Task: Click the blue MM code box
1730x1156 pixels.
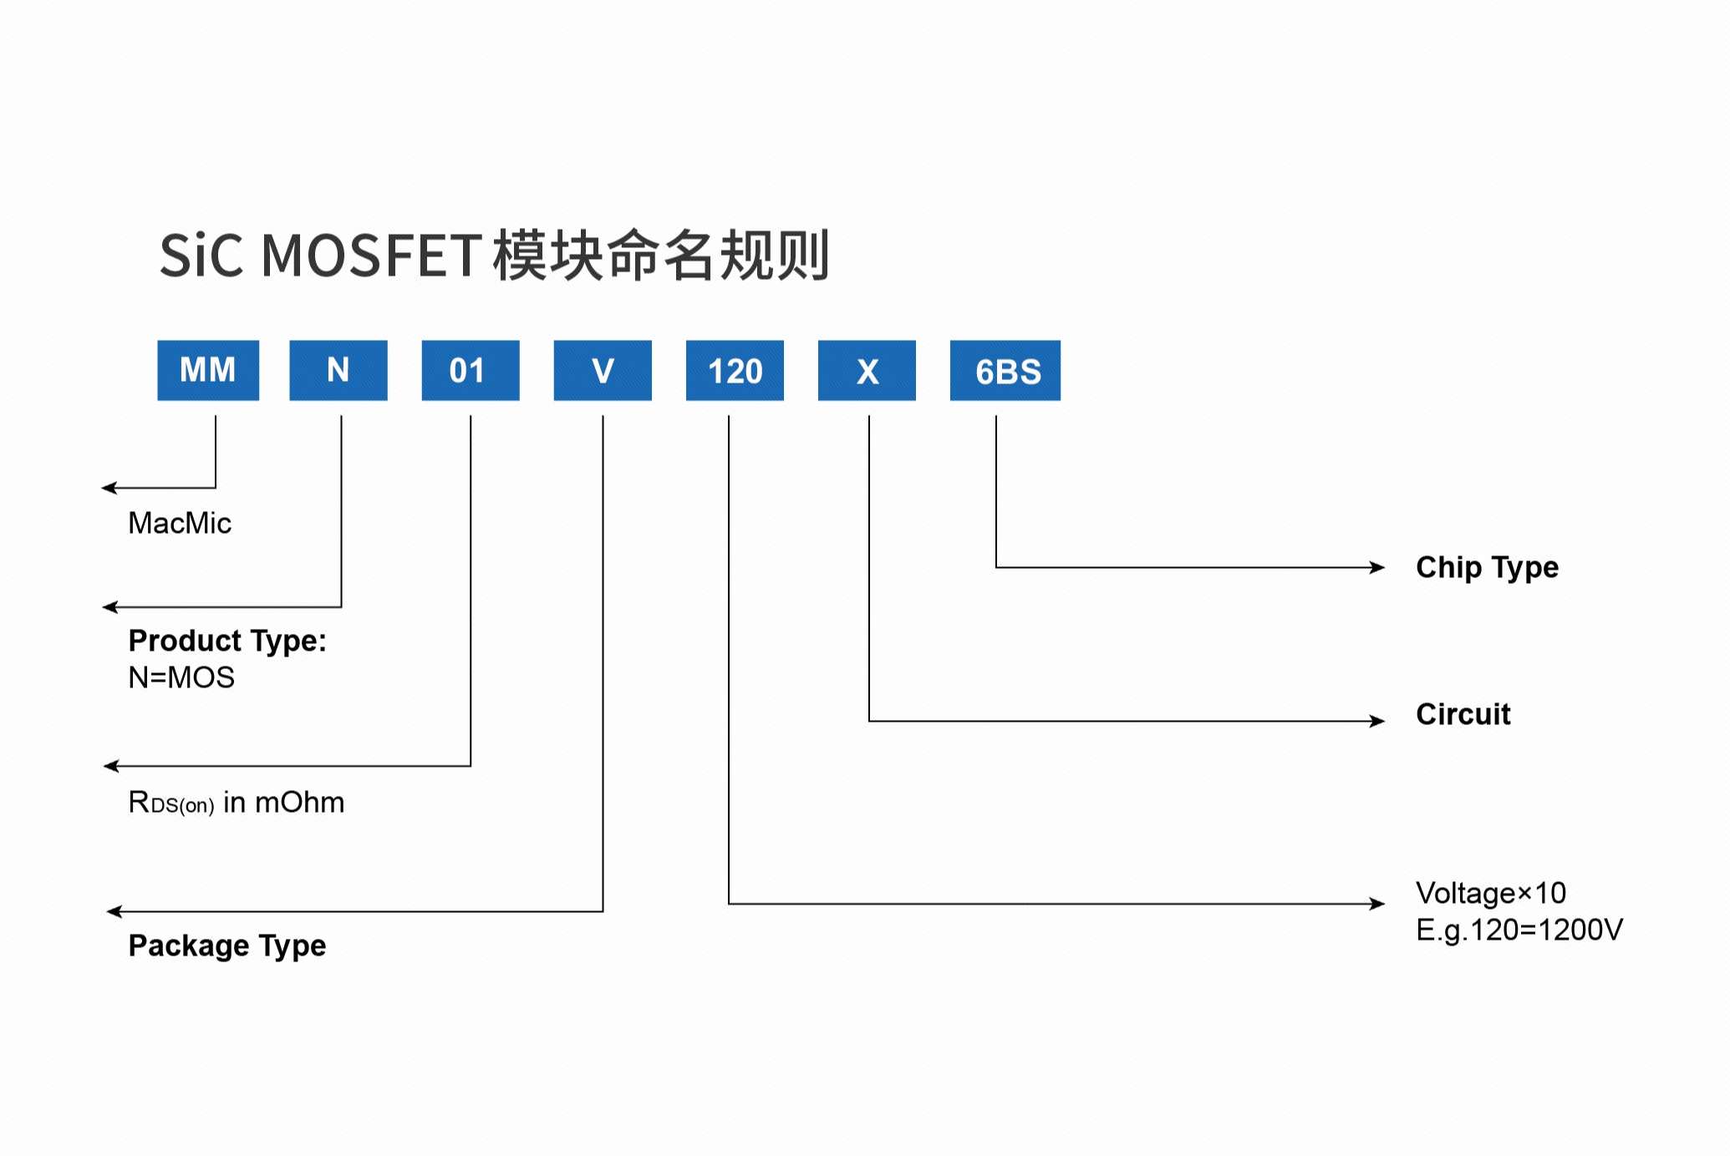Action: coord(208,370)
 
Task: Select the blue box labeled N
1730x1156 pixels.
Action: coord(338,370)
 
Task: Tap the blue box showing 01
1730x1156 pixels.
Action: coord(471,370)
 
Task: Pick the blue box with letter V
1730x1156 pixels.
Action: coord(603,370)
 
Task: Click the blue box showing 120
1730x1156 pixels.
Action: coord(735,370)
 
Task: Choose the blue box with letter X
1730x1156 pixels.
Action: coord(867,370)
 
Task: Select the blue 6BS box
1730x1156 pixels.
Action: coord(1005,370)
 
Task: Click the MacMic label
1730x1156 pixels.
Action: coord(180,524)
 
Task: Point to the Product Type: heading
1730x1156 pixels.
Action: coord(227,641)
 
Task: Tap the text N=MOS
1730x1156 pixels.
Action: coord(181,677)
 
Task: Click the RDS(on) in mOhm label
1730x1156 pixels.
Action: coord(237,803)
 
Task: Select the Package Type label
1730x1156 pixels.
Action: coord(227,946)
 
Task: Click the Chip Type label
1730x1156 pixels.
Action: coord(1487,567)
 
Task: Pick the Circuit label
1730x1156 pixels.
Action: coord(1463,714)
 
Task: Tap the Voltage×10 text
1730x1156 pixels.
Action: coord(1490,893)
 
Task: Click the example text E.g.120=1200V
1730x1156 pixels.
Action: coord(1519,930)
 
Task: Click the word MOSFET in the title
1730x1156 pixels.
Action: coord(371,256)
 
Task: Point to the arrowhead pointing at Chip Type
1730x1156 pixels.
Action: coord(1377,568)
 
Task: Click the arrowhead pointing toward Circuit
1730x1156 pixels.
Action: coord(1377,721)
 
